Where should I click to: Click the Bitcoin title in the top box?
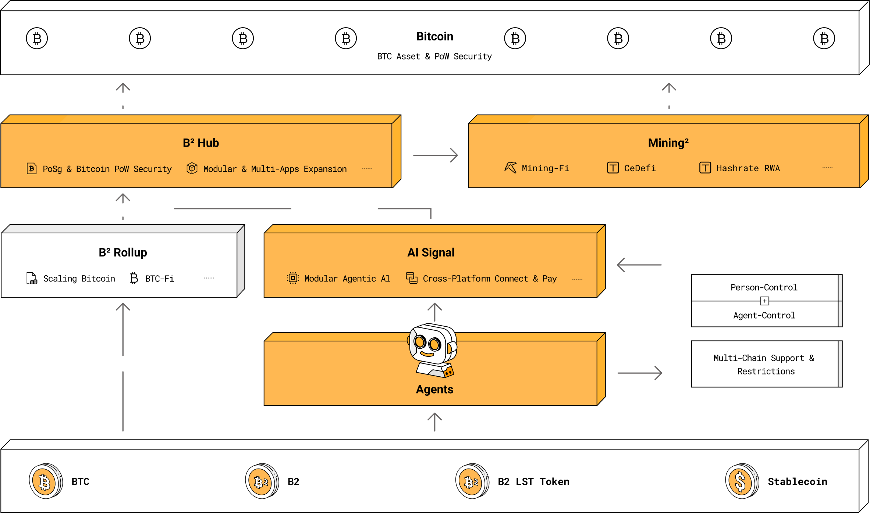(434, 36)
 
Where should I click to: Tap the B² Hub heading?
(201, 143)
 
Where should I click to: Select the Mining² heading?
(668, 143)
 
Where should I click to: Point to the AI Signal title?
(431, 252)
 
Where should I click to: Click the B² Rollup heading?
(123, 252)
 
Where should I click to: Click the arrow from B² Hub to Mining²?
(436, 155)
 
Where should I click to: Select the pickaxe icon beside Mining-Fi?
(511, 168)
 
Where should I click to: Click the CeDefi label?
(640, 168)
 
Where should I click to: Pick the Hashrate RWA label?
(748, 168)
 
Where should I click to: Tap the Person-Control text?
(764, 287)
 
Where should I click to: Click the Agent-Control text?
(764, 315)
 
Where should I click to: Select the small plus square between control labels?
(765, 301)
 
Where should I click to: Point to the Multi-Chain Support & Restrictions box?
(767, 364)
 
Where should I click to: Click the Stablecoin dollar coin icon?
(742, 481)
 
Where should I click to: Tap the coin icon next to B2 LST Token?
(472, 481)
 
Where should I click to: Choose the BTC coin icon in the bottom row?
(46, 481)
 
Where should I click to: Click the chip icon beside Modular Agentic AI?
(293, 278)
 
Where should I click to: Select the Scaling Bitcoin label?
(79, 279)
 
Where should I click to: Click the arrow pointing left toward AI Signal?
(639, 265)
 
